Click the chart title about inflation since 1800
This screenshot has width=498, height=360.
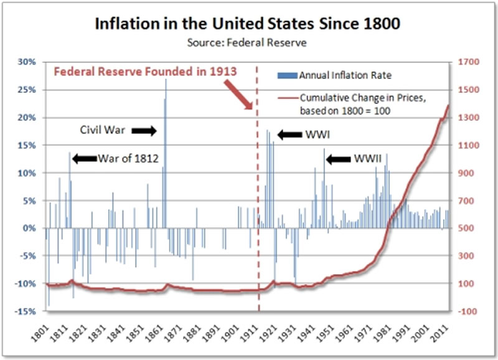click(x=249, y=25)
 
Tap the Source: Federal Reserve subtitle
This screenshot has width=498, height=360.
click(x=249, y=43)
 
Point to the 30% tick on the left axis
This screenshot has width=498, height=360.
click(x=27, y=62)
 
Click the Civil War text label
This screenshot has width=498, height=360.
click(x=103, y=131)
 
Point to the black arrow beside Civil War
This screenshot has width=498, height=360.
click(x=144, y=131)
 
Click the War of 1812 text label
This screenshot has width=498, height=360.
click(x=127, y=158)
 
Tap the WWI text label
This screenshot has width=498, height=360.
click(x=315, y=135)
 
